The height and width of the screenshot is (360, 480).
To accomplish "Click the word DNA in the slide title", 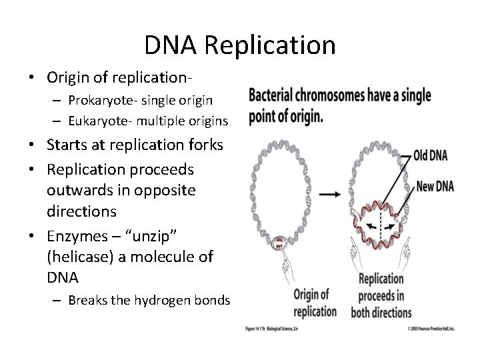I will coord(171,45).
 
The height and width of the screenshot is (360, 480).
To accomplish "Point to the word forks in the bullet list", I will coord(203,144).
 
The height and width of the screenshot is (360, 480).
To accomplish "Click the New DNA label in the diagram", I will coord(434,186).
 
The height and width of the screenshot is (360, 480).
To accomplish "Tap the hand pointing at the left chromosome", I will coord(290,267).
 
